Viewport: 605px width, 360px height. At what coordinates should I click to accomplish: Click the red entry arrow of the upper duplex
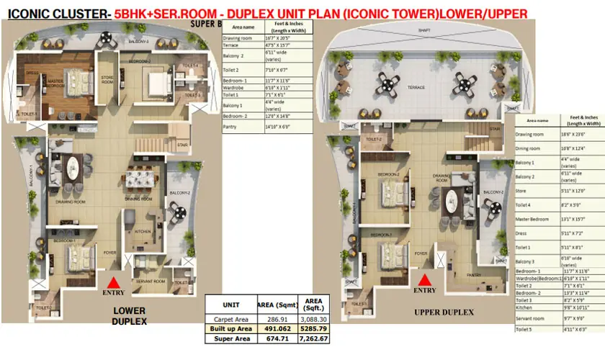pyautogui.click(x=426, y=279)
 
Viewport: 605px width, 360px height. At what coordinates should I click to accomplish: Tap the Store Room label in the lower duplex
pyautogui.click(x=108, y=81)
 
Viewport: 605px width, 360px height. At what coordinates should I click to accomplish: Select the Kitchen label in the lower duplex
pyautogui.click(x=142, y=232)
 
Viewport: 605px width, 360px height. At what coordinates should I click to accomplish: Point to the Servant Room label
pyautogui.click(x=151, y=279)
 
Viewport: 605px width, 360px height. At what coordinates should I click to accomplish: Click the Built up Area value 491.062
pyautogui.click(x=274, y=328)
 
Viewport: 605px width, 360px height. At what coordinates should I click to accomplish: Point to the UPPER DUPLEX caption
pyautogui.click(x=444, y=312)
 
